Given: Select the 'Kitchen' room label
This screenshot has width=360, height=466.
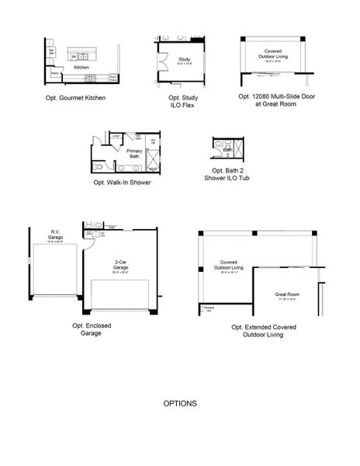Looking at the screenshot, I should click(81, 68).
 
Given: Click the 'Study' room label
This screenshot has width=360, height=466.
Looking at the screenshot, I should click(184, 59).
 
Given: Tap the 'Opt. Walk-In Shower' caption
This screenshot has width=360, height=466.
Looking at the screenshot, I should click(122, 183).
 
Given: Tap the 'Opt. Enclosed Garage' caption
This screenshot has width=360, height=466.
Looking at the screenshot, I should click(92, 330).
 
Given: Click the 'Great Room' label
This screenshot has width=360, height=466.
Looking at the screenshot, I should click(286, 295).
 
